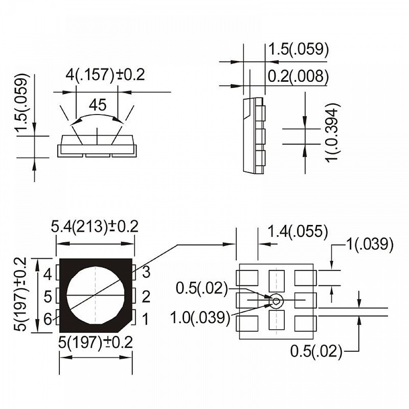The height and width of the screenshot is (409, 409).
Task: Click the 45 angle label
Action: [x=97, y=105]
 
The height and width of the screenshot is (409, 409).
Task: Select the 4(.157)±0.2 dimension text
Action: [x=105, y=75]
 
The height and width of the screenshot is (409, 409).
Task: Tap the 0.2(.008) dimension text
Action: [x=298, y=76]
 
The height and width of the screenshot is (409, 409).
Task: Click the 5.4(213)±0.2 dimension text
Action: [x=94, y=226]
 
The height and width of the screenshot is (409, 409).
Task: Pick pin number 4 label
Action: [x=48, y=274]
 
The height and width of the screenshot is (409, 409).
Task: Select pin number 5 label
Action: [x=48, y=297]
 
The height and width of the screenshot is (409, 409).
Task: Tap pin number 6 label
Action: [x=48, y=319]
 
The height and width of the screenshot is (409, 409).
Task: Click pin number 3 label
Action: [x=146, y=272]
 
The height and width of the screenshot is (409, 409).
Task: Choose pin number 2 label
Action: [x=146, y=297]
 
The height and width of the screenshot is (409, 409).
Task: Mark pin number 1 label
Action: [x=146, y=319]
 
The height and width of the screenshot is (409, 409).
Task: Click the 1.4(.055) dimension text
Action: [x=297, y=232]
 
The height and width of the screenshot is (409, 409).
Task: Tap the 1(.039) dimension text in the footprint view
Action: [x=370, y=244]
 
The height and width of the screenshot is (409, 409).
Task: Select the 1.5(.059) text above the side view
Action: [x=298, y=49]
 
